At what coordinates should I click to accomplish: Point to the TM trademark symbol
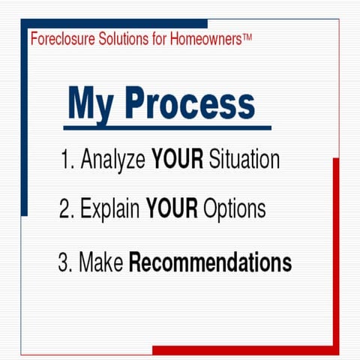pyautogui.click(x=247, y=36)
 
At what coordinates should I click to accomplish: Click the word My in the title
pyautogui.click(x=94, y=103)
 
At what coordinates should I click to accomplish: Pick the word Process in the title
pyautogui.click(x=190, y=103)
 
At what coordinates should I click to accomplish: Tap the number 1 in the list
pyautogui.click(x=65, y=160)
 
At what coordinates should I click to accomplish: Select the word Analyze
pyautogui.click(x=113, y=160)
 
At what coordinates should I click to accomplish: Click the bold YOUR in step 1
pyautogui.click(x=177, y=160)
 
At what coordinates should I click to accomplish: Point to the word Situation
pyautogui.click(x=244, y=160)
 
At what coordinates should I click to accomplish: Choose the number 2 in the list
pyautogui.click(x=65, y=208)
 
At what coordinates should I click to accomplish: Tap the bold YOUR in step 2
pyautogui.click(x=172, y=208)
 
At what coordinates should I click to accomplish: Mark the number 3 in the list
pyautogui.click(x=63, y=263)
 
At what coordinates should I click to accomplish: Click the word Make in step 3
pyautogui.click(x=101, y=263)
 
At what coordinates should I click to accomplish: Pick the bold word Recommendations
pyautogui.click(x=210, y=263)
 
